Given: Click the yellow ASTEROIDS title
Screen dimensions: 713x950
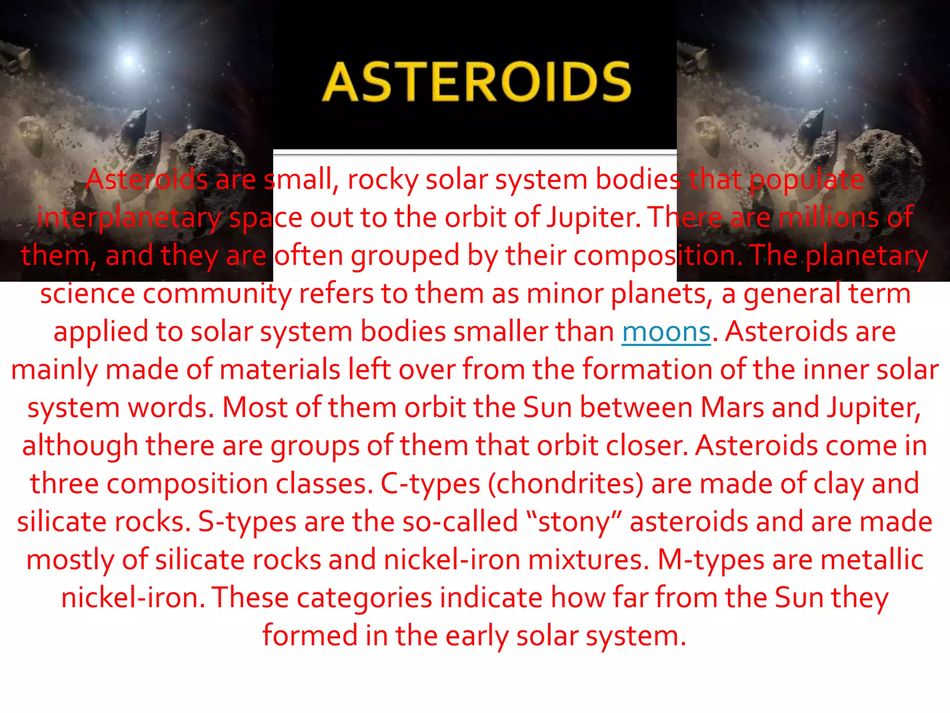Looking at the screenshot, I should tap(476, 82).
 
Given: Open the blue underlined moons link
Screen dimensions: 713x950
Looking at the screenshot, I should tap(666, 332).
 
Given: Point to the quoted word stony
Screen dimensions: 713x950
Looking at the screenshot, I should tap(574, 522).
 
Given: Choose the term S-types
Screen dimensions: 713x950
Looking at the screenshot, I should tap(247, 522).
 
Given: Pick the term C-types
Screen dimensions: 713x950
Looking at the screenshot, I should tap(430, 484).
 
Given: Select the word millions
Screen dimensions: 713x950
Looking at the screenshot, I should tap(828, 217).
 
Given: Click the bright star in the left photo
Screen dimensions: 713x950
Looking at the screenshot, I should tap(129, 60).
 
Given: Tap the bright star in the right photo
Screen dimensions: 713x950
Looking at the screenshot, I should tap(806, 60).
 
